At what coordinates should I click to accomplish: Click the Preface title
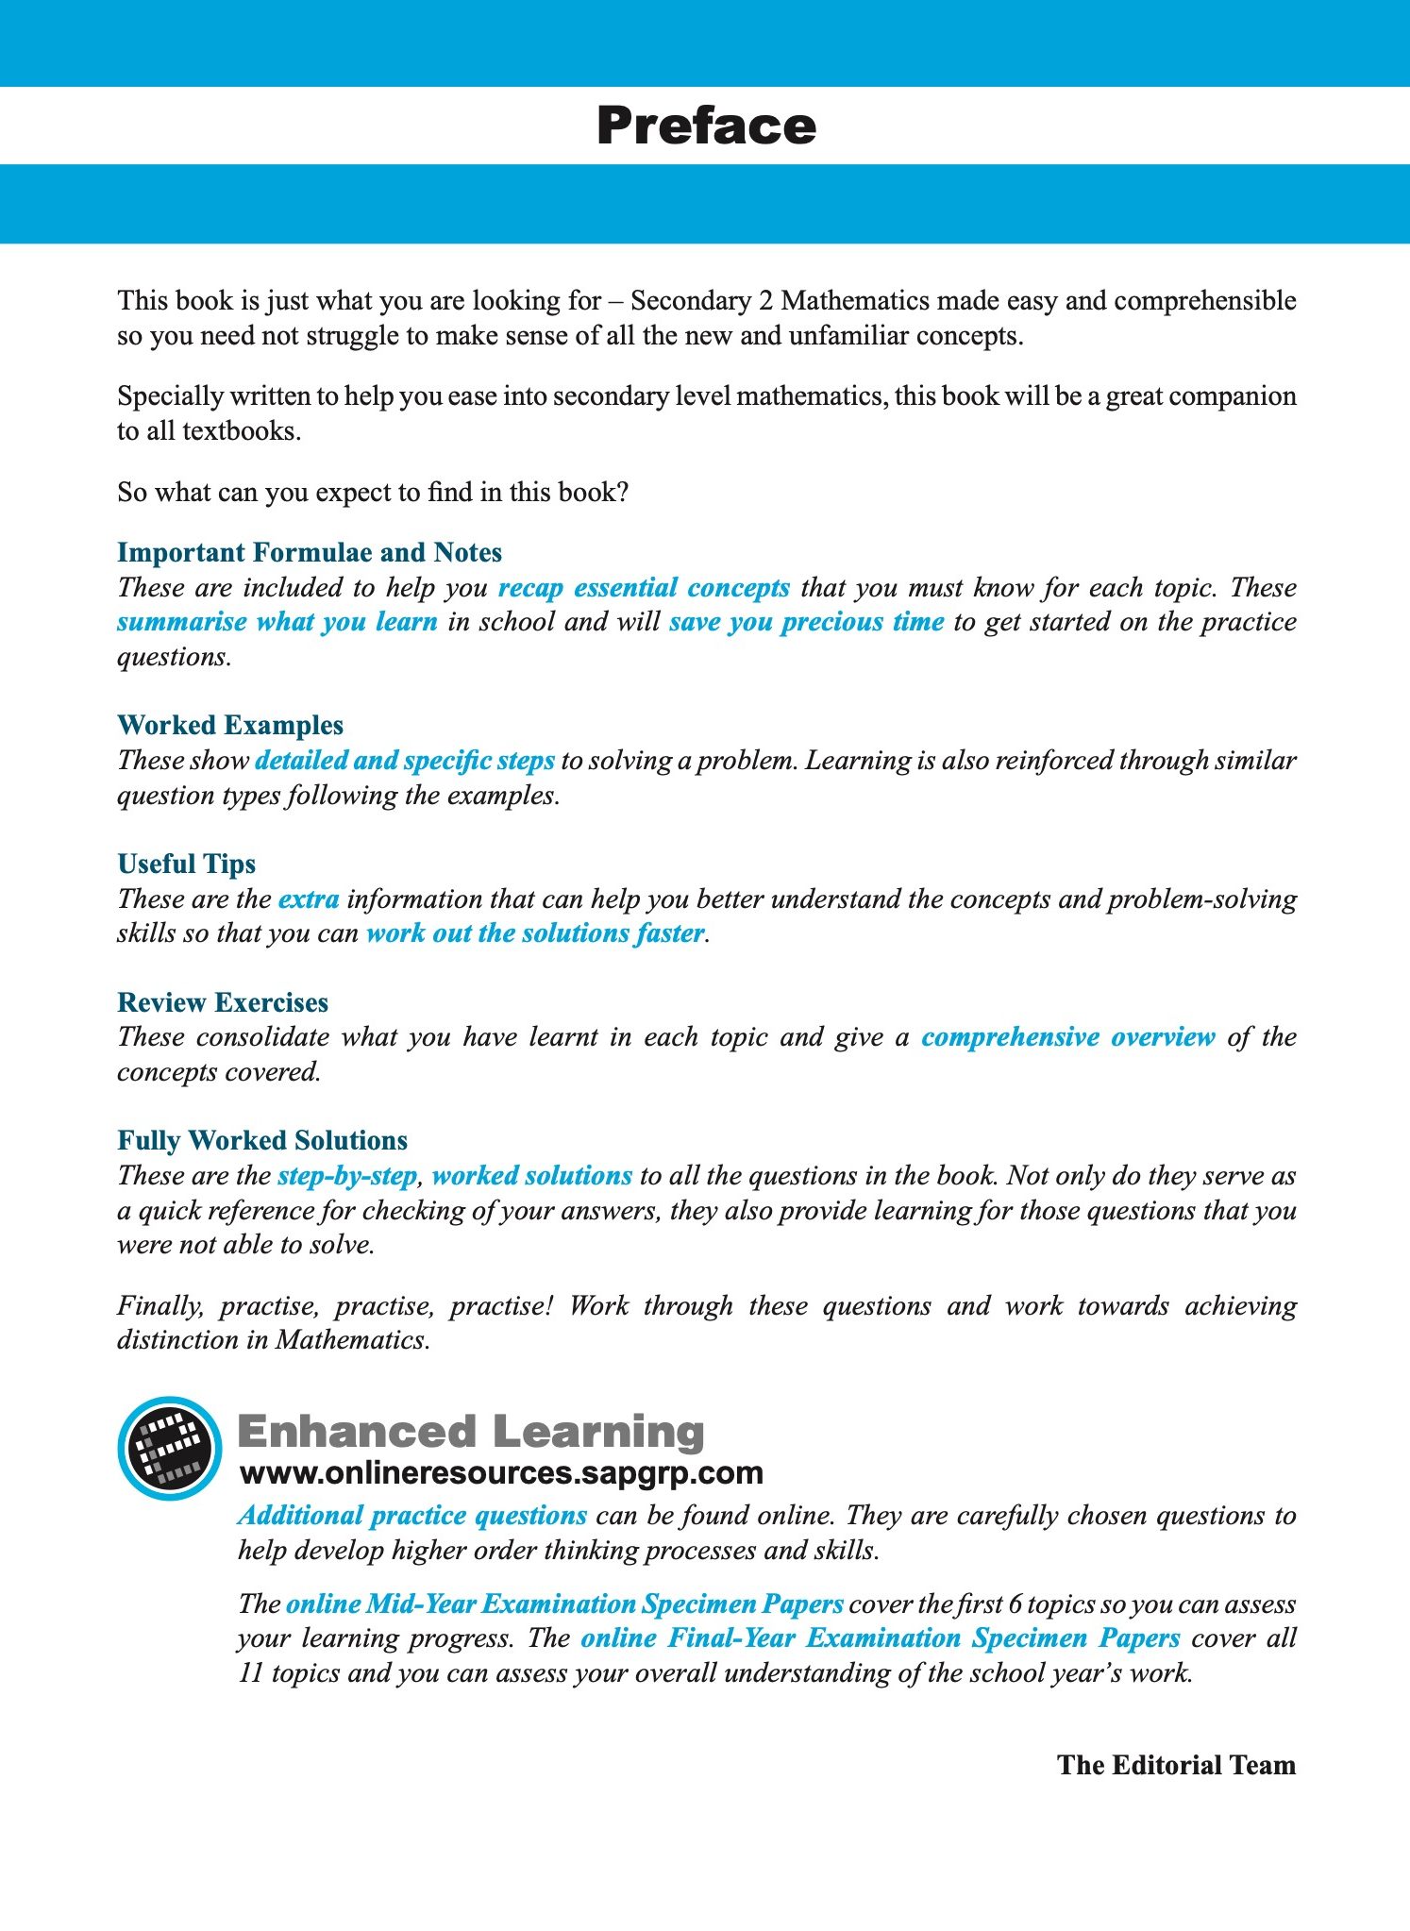pos(706,126)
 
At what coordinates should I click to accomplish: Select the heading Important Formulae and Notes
pos(310,552)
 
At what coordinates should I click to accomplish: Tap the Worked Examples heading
pos(230,725)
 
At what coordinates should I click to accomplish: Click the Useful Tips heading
pos(187,864)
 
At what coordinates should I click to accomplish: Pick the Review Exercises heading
pos(223,1002)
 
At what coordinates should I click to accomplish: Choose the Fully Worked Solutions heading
pos(262,1140)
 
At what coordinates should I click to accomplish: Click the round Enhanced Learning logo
pos(170,1448)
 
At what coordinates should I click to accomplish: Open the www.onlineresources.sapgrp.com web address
pos(501,1473)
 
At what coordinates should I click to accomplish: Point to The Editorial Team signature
pos(1176,1765)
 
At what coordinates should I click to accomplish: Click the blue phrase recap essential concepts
pos(644,587)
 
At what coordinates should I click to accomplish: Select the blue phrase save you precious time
pos(807,622)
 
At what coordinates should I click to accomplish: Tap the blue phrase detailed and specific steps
pos(405,760)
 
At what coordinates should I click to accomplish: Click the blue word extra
pos(309,898)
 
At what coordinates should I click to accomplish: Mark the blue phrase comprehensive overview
pos(1068,1036)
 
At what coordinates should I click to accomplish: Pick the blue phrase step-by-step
pos(347,1175)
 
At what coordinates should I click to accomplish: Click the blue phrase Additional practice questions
pos(412,1515)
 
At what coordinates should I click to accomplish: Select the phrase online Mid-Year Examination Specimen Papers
pos(564,1604)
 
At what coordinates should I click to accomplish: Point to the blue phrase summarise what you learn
pos(277,622)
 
